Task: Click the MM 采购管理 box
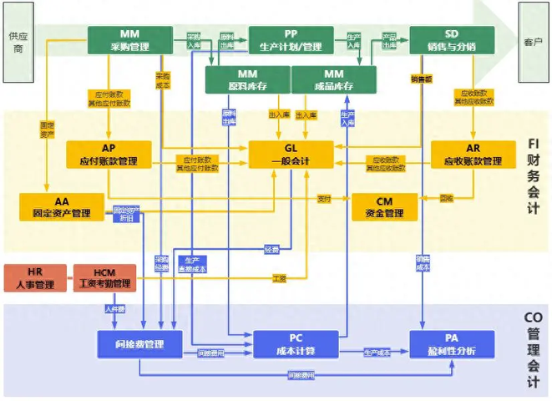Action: point(129,39)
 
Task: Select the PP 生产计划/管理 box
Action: point(291,39)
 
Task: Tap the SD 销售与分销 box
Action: point(451,39)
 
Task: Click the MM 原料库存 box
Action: point(247,80)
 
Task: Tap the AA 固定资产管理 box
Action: point(61,206)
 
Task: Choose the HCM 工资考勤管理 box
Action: point(104,277)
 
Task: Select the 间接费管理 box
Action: point(139,343)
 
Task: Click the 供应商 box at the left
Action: point(17,42)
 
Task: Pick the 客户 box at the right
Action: point(534,41)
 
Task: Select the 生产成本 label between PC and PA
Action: point(377,352)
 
